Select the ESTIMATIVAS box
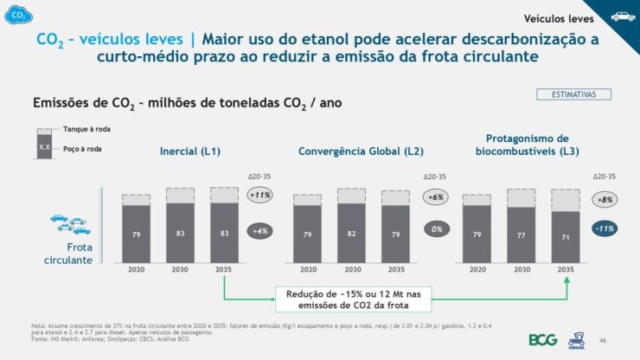tap(574, 93)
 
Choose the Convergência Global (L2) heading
tap(361, 151)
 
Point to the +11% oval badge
tap(259, 196)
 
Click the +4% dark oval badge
tap(259, 231)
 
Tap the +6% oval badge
tap(436, 197)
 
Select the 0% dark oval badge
tap(436, 231)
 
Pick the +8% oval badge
tap(605, 199)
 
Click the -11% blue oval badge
tap(605, 229)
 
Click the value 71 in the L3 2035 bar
tap(566, 235)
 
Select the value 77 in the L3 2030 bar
tap(522, 235)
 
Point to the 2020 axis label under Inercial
tap(137, 269)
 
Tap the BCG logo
tap(542, 339)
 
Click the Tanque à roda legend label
tap(86, 129)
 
